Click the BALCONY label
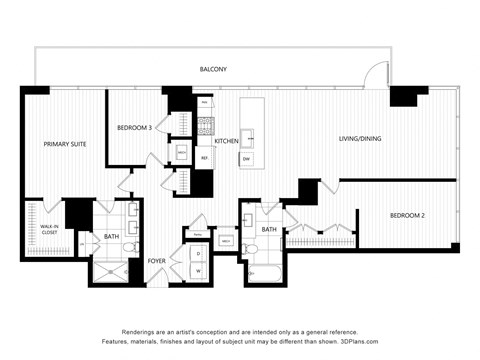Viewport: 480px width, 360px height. tap(213, 69)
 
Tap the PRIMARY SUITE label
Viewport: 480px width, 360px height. tap(64, 145)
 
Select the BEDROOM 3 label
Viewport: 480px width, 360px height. tap(134, 127)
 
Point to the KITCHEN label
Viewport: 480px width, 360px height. tap(226, 141)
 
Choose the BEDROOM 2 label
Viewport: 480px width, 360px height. tap(408, 216)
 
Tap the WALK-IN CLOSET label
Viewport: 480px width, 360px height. tap(45, 230)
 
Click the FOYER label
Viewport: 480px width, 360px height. tap(157, 261)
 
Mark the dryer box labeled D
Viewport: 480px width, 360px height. tap(198, 253)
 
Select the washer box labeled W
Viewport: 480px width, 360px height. tap(198, 270)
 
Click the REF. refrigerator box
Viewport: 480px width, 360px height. tap(204, 158)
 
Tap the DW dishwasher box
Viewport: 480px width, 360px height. tap(246, 159)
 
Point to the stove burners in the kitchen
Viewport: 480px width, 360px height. tap(206, 125)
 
